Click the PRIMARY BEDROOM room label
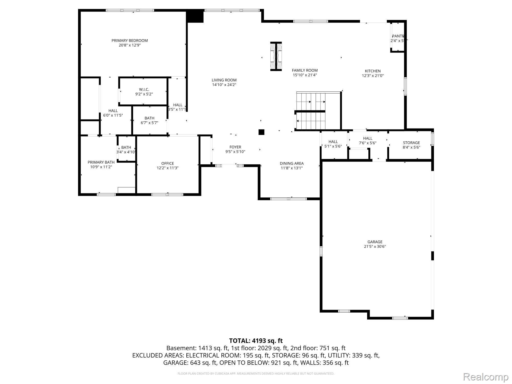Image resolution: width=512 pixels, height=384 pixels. (x=130, y=40)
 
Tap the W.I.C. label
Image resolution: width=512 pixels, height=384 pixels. (x=144, y=89)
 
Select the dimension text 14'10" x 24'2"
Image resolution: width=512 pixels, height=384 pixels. (x=224, y=85)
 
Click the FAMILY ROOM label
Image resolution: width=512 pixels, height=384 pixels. (x=305, y=70)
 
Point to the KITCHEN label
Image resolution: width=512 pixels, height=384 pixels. (x=372, y=71)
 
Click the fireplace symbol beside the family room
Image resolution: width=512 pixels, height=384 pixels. (x=276, y=56)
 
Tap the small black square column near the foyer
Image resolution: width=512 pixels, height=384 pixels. (x=261, y=132)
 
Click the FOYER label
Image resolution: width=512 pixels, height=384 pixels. (x=235, y=147)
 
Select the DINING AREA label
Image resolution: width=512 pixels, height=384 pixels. (x=292, y=163)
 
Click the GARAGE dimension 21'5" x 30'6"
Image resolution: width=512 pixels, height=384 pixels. (x=375, y=247)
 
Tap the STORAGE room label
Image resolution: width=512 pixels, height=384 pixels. (x=411, y=143)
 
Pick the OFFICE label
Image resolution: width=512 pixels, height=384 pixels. (x=167, y=163)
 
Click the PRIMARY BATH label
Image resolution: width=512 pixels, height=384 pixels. (x=101, y=162)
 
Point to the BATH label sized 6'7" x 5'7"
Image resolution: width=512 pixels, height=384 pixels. (x=149, y=118)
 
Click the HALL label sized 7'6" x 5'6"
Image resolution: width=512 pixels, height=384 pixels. (x=367, y=138)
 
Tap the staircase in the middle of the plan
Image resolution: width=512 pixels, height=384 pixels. (x=311, y=111)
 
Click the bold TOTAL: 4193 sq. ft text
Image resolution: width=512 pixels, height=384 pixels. (x=256, y=341)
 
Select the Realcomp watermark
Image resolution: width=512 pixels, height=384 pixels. (x=486, y=377)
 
